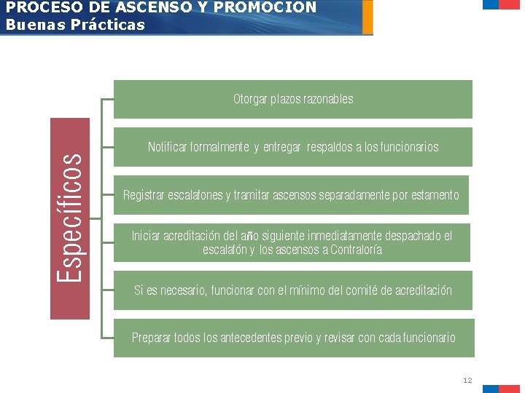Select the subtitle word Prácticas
[x=112, y=25]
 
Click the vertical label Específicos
[x=70, y=218]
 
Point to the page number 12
[x=467, y=381]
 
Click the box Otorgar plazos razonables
[x=293, y=99]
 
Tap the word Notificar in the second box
[x=168, y=147]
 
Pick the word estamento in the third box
[x=435, y=195]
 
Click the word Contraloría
[x=356, y=250]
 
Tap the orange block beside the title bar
[x=367, y=17]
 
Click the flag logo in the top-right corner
[x=501, y=4]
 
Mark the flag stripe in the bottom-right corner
[x=500, y=389]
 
